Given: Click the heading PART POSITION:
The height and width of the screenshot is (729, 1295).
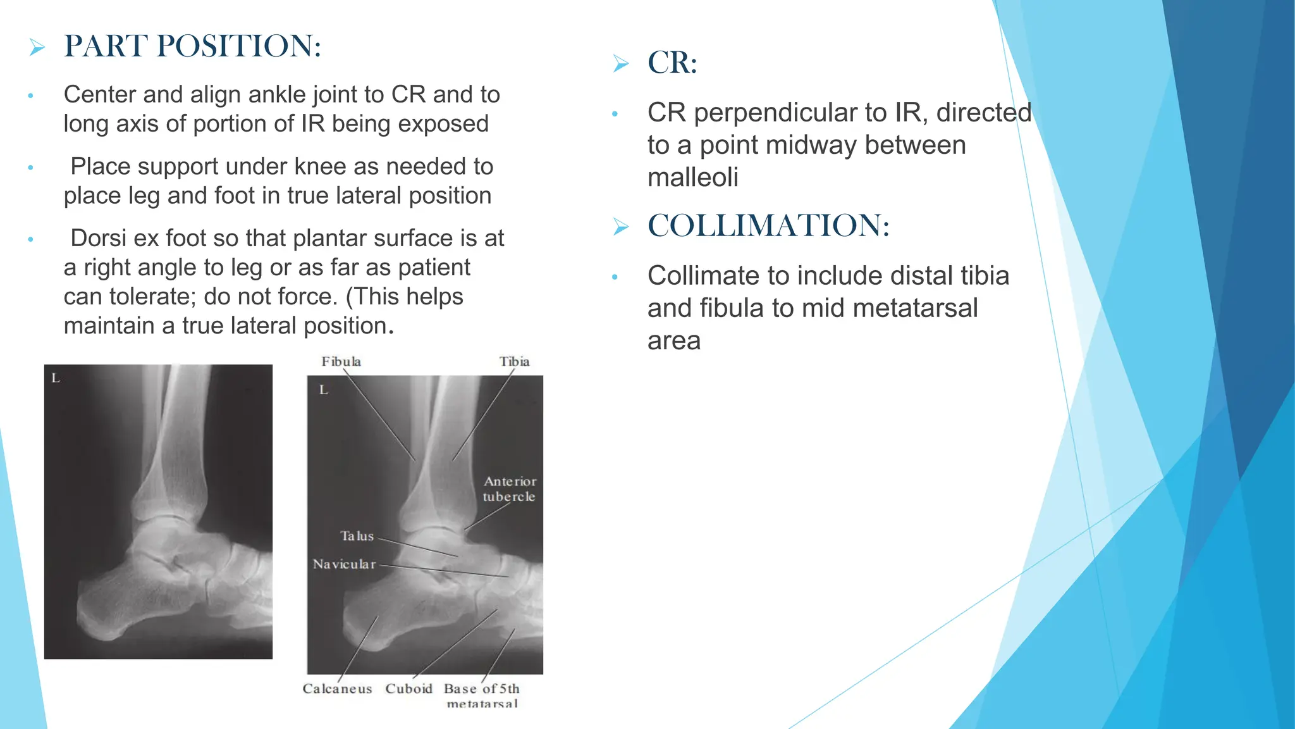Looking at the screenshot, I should coord(193,46).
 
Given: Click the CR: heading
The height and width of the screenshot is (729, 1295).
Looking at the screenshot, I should coord(672,63).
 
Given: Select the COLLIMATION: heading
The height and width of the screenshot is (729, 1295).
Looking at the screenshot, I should coord(768,225).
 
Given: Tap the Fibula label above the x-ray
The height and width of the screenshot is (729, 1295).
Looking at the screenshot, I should coord(341,361).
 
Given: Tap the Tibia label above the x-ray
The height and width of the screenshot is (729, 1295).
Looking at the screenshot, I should coord(514,361).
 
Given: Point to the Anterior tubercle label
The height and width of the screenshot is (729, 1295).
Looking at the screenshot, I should coord(510,489).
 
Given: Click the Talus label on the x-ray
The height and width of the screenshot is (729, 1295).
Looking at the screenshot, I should coord(357,536).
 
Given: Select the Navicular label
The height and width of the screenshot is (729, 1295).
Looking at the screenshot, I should coord(344,564).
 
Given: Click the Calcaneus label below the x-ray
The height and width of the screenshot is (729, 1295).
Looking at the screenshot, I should coord(337,688).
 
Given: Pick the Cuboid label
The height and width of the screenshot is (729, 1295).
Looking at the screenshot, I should coord(408,688).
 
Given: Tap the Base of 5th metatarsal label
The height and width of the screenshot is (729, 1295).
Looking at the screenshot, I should coord(482,694).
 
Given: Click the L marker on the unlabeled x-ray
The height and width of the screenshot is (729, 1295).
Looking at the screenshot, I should coord(56,378).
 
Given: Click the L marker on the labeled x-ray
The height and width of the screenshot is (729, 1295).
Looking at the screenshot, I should coord(324,390).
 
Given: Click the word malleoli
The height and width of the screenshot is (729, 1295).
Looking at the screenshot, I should coord(692,178).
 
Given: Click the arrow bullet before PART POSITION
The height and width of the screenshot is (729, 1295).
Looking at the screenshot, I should coord(37,47).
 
